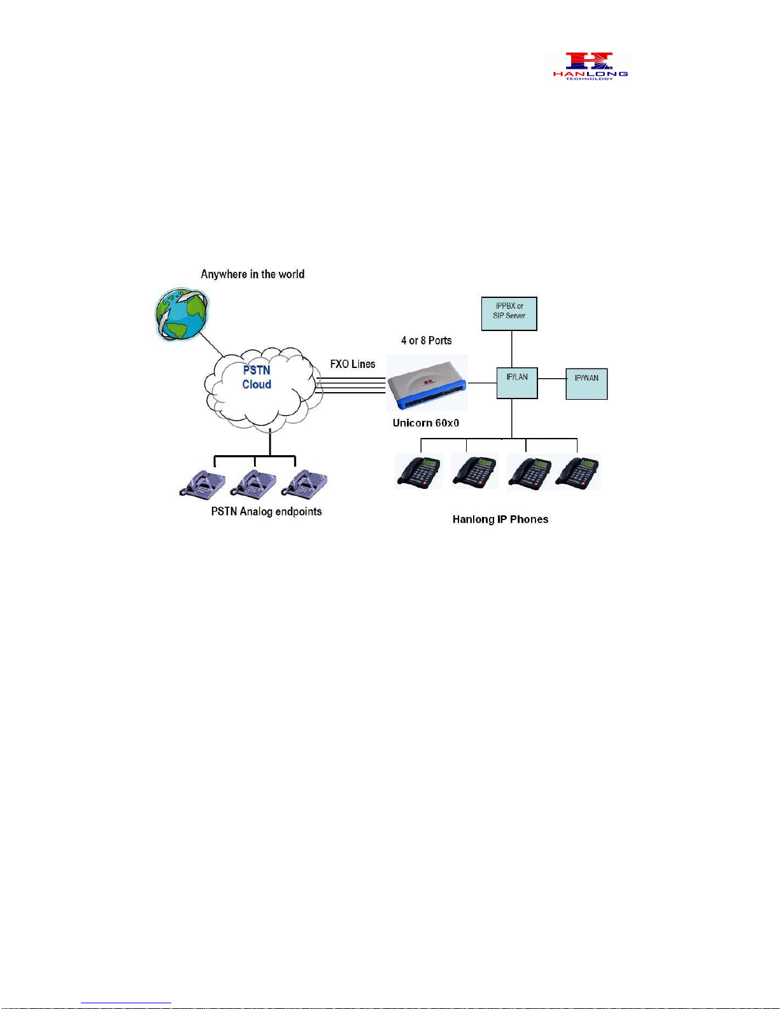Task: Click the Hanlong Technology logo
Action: click(x=590, y=66)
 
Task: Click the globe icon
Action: click(x=181, y=314)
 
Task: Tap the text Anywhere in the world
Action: click(x=253, y=274)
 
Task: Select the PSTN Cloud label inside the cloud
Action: click(x=257, y=377)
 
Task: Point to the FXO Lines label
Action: click(x=353, y=364)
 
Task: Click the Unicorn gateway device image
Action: click(x=427, y=383)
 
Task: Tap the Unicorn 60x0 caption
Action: click(x=426, y=423)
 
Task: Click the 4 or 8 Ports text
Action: click(x=426, y=341)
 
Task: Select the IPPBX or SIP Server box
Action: click(x=509, y=314)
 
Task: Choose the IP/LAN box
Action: click(x=517, y=383)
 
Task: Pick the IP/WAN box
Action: click(x=586, y=384)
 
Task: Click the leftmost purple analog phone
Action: click(x=202, y=485)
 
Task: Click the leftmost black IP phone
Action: click(x=419, y=472)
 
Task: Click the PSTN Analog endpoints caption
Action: click(x=267, y=512)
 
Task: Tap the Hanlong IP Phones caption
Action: click(x=500, y=519)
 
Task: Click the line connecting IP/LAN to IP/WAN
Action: click(x=552, y=378)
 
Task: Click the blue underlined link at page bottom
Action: click(x=126, y=1003)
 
